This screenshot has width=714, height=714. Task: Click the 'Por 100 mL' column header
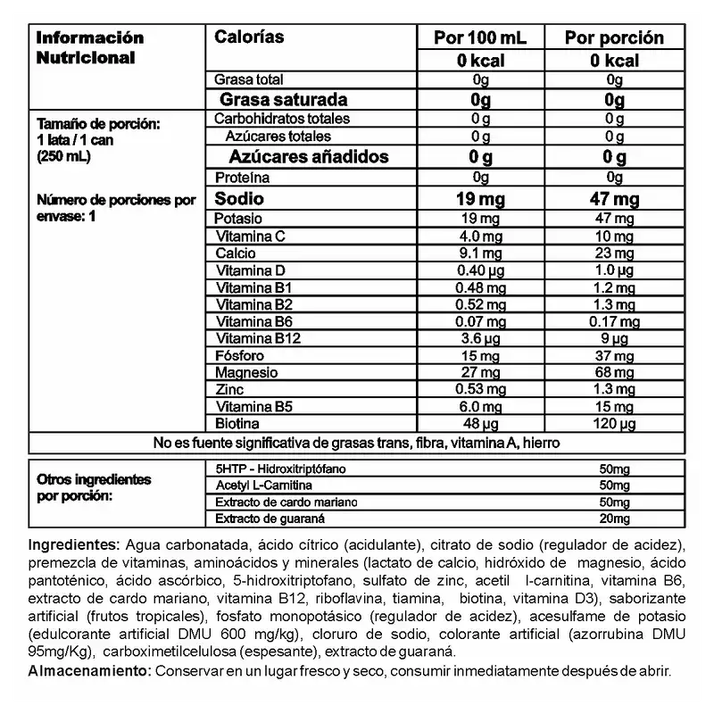(479, 37)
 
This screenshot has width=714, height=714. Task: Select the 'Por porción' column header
(615, 37)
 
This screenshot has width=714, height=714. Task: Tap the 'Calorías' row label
(250, 37)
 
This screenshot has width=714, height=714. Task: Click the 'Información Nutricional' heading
(89, 47)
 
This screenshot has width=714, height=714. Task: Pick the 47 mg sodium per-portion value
(615, 198)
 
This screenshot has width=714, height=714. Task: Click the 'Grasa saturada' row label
(283, 99)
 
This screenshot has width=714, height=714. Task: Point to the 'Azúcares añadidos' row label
(296, 156)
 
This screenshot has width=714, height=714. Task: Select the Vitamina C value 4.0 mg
(480, 237)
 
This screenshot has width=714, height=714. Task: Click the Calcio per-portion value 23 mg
(615, 253)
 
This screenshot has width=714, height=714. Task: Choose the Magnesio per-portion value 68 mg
(615, 372)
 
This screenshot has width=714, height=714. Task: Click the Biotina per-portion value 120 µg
(615, 422)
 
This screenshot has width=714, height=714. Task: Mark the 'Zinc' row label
(230, 389)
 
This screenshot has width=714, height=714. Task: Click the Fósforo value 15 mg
(480, 355)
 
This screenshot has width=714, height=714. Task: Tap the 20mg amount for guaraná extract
(615, 518)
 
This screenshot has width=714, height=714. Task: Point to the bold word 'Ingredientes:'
(75, 544)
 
